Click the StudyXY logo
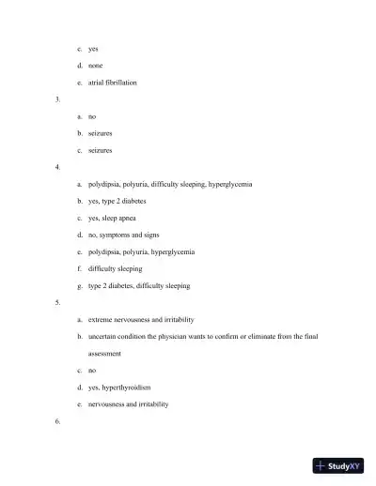point(338,465)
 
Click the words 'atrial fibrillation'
point(112,83)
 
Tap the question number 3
point(58,99)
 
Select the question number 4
point(58,167)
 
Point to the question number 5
point(58,302)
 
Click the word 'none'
point(95,66)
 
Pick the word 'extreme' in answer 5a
point(101,319)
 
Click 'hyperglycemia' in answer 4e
point(172,251)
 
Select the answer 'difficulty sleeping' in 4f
point(115,268)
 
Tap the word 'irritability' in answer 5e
point(152,403)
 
